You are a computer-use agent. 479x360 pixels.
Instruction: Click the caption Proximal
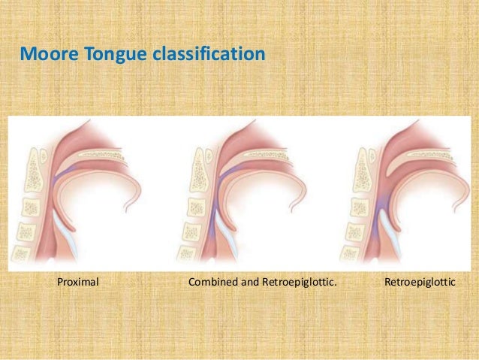coord(79,284)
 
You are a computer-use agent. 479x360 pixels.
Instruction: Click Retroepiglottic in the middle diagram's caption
coord(298,284)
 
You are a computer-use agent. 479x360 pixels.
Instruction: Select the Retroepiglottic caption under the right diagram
coord(420,284)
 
